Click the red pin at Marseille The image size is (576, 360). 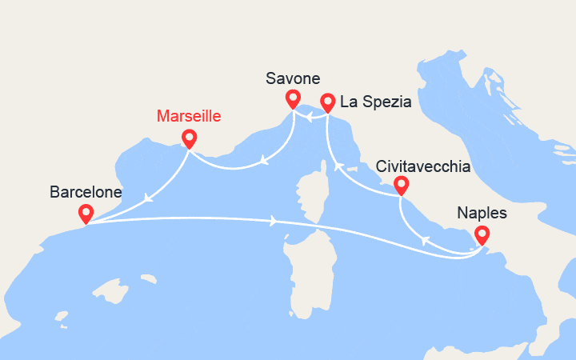click(x=189, y=138)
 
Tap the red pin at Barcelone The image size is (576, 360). click(x=85, y=213)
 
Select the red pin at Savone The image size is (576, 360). click(x=293, y=98)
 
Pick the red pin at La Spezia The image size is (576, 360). click(x=327, y=102)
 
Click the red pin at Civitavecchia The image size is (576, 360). click(x=401, y=185)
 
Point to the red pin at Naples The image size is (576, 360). click(x=481, y=234)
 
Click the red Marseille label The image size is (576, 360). click(x=189, y=117)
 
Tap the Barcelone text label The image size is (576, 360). click(x=86, y=192)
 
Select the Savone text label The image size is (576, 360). click(x=292, y=78)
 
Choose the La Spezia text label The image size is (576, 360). click(x=375, y=102)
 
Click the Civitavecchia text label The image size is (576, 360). click(x=422, y=166)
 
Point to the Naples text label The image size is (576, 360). click(x=481, y=214)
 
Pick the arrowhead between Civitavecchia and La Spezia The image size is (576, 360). click(x=338, y=166)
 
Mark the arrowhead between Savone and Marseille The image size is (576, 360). click(x=263, y=163)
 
